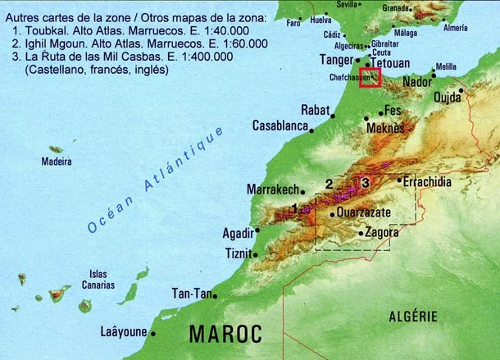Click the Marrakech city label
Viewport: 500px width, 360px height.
pyautogui.click(x=272, y=189)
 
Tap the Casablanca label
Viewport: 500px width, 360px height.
pyautogui.click(x=280, y=127)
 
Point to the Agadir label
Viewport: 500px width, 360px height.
pyautogui.click(x=238, y=233)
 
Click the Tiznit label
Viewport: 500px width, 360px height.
pyautogui.click(x=239, y=253)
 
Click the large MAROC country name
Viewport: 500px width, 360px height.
pyautogui.click(x=225, y=334)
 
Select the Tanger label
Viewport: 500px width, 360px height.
pyautogui.click(x=336, y=60)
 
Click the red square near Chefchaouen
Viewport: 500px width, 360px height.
pyautogui.click(x=370, y=76)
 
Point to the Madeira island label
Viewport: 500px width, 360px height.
pyautogui.click(x=57, y=162)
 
